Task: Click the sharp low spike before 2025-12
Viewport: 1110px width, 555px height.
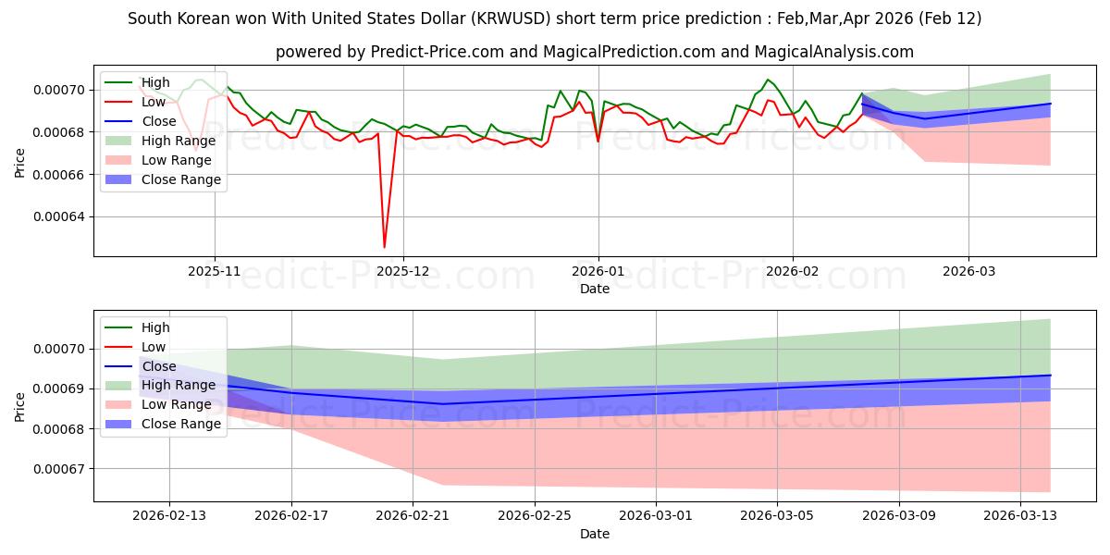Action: click(384, 247)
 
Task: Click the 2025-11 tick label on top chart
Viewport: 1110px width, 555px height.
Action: click(215, 271)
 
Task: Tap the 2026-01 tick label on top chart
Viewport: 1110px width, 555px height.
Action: click(598, 271)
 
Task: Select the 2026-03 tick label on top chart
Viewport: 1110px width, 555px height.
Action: click(968, 271)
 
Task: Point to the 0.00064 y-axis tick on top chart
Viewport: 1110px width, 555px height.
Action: click(57, 217)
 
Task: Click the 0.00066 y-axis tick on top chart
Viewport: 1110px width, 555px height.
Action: click(57, 175)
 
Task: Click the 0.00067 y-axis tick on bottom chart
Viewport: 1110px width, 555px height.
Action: click(57, 469)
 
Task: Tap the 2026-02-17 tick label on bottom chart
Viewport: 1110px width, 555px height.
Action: click(291, 517)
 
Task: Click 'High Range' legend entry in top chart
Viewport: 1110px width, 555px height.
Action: click(178, 141)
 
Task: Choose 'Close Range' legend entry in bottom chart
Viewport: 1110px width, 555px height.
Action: click(180, 425)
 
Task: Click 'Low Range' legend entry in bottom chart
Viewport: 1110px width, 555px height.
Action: click(177, 405)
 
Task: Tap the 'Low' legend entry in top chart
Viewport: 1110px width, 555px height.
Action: click(154, 102)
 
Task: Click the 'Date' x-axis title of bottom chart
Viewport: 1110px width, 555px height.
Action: click(594, 535)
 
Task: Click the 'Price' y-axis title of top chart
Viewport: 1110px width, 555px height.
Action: click(20, 162)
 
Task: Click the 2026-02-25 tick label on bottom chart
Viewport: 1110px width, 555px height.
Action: click(535, 517)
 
